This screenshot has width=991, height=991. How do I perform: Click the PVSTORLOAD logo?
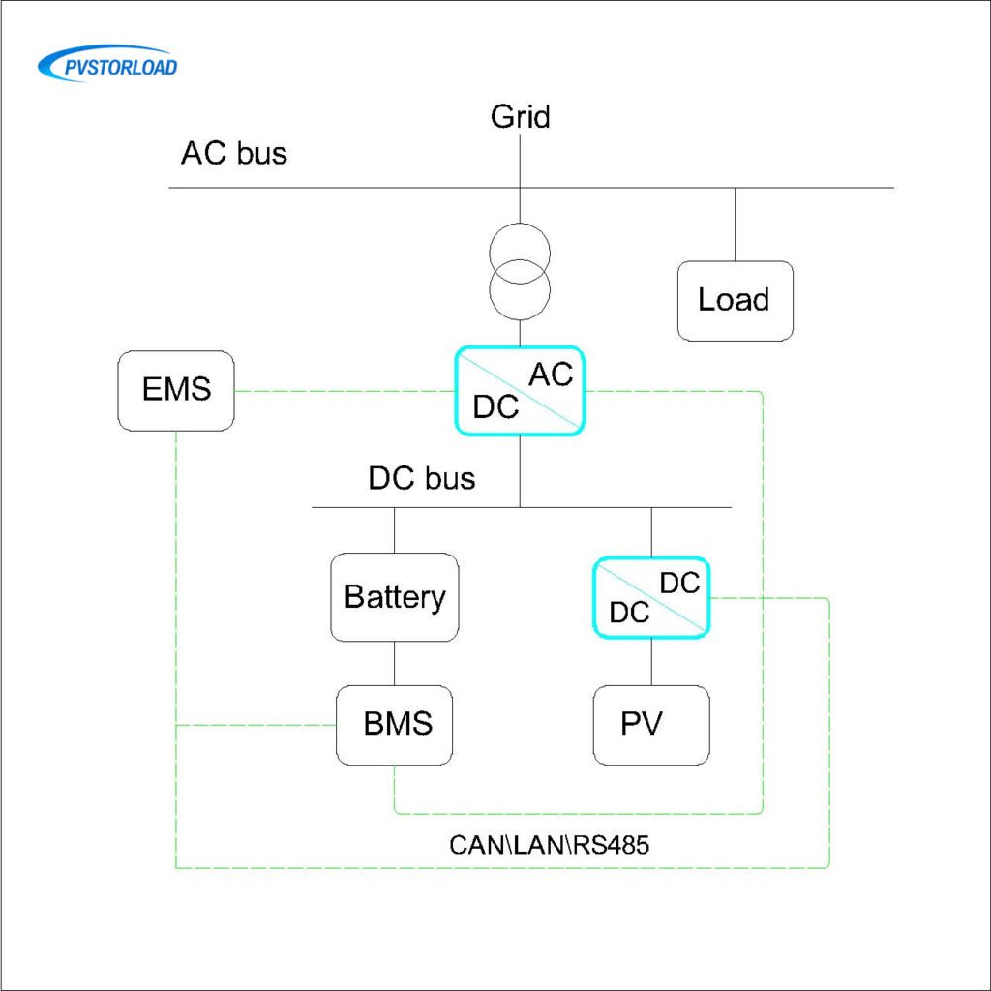(107, 65)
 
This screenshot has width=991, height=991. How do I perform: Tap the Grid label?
(520, 117)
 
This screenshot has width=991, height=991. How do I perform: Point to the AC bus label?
(234, 153)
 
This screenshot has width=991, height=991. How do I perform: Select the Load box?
(735, 300)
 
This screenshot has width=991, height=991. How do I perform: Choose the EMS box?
(176, 392)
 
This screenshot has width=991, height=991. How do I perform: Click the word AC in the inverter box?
(551, 375)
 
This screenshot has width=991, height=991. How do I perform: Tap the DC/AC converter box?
(520, 391)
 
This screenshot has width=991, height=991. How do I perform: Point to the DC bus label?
(421, 478)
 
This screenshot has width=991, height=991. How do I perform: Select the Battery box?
(394, 597)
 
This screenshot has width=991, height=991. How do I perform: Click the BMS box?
(394, 724)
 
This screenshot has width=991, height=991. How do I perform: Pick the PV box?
(650, 724)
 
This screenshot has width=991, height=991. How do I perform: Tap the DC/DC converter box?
(650, 597)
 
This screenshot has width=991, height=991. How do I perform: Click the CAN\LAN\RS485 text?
(549, 844)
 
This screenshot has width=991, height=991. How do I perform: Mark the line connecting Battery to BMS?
(394, 663)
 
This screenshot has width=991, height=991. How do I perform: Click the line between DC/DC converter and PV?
(650, 661)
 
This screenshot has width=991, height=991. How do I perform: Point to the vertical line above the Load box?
(735, 225)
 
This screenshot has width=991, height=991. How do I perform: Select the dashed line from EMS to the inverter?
(344, 391)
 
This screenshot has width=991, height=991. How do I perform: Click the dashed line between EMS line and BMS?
(255, 725)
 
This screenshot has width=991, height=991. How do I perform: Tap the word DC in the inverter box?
(495, 407)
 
